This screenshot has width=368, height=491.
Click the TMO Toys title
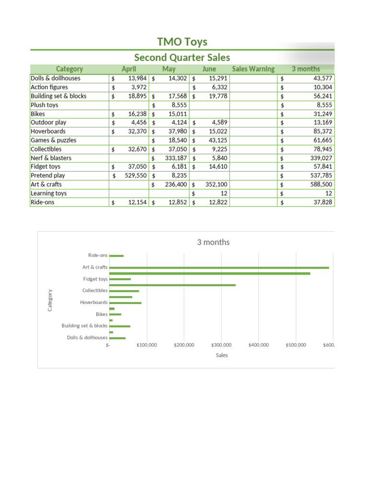tap(182, 42)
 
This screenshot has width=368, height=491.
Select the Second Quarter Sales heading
tap(182, 58)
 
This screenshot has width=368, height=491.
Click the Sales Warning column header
tap(253, 69)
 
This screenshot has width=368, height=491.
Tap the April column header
tap(129, 69)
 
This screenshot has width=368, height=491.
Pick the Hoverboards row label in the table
tap(48, 131)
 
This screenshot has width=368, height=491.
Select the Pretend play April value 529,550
tap(132, 175)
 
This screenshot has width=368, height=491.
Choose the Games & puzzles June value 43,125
tap(216, 140)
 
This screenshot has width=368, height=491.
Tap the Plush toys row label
tap(44, 105)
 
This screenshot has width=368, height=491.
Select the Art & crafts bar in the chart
tap(219, 268)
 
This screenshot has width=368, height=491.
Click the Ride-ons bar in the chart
tap(116, 256)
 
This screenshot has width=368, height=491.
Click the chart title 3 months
tap(213, 242)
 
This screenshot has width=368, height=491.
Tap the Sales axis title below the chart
tap(222, 355)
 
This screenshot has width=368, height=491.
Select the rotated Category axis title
tap(50, 300)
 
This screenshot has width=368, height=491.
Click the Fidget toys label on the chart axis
tap(95, 279)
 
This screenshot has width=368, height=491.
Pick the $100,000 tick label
tap(147, 345)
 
